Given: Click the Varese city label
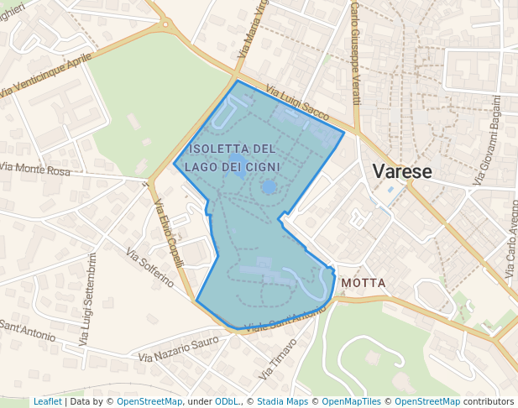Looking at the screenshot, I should coord(401,172).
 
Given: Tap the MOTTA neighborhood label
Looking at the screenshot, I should coord(364,283).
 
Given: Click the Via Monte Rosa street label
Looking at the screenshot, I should coord(35,170).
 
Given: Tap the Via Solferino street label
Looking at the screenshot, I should coord(149,266).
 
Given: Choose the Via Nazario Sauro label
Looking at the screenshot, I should coord(178,350).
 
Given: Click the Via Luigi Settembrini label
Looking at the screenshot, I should coord(89,299).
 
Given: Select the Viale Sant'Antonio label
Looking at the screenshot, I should coord(284,320).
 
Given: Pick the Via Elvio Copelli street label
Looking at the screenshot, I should coord(169,233).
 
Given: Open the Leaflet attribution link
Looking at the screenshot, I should coord(47,402).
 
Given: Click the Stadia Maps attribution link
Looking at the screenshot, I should coord(282,402).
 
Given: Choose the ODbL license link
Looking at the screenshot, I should coord(228,402).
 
